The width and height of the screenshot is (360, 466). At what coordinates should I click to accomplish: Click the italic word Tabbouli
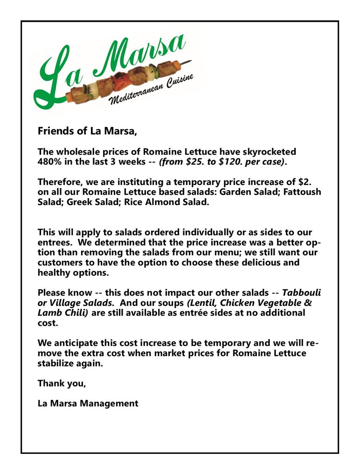click(302, 293)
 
